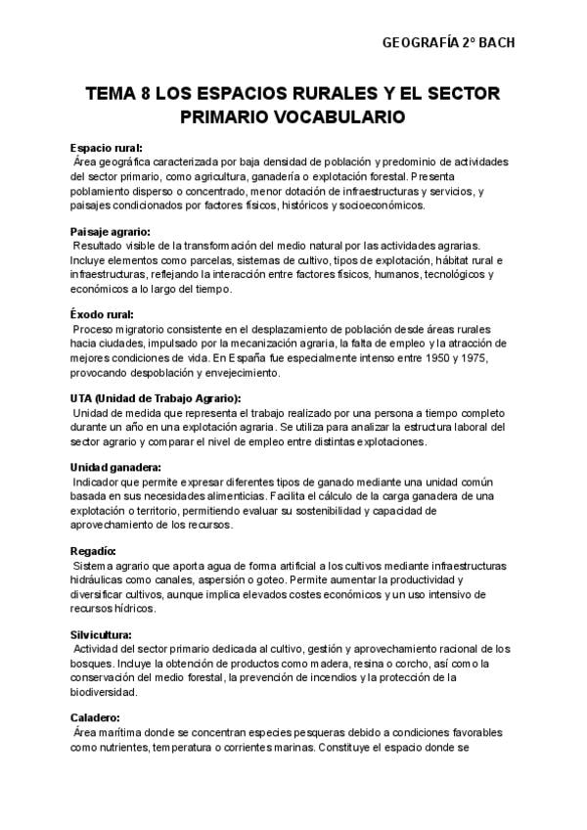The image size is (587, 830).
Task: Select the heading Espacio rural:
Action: (106, 147)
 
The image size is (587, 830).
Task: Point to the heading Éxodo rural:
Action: (102, 314)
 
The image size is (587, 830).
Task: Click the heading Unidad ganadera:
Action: (116, 467)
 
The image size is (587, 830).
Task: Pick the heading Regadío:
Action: (94, 551)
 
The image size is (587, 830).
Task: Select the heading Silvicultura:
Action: (104, 634)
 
